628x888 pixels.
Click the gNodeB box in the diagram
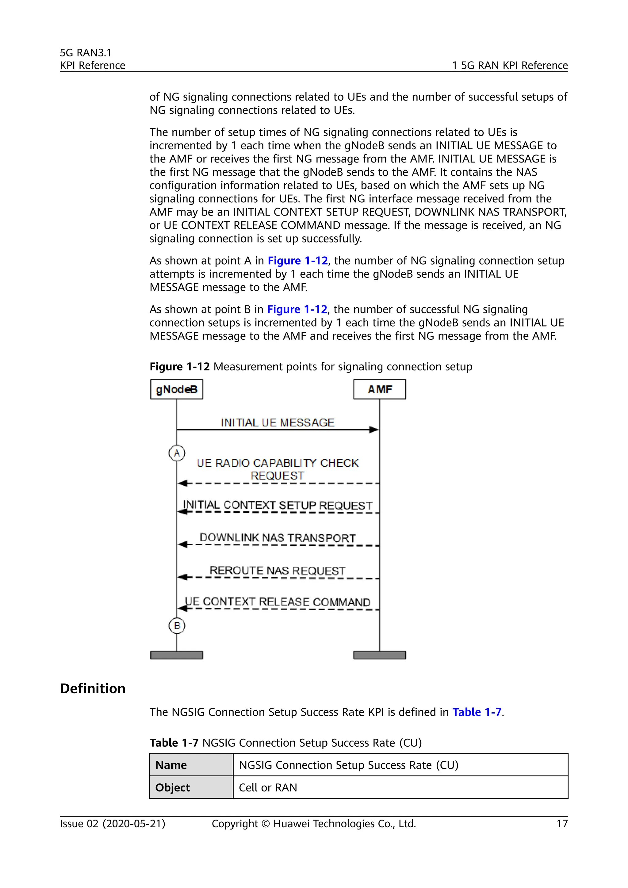(x=176, y=389)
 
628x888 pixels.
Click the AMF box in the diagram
(x=379, y=389)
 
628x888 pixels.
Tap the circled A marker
(x=177, y=453)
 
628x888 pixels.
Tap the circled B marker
(x=177, y=626)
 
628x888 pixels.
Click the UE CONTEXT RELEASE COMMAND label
(x=277, y=602)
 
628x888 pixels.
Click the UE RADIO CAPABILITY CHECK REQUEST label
(x=277, y=469)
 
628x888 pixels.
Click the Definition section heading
(x=93, y=688)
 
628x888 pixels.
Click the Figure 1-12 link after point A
(x=297, y=261)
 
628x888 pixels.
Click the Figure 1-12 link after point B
(x=297, y=309)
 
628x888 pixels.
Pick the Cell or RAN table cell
(x=268, y=787)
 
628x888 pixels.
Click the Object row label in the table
(x=172, y=787)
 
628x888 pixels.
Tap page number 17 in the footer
(x=562, y=824)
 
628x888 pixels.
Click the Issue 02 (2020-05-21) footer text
(x=113, y=824)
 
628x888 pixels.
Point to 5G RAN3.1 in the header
(x=86, y=53)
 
